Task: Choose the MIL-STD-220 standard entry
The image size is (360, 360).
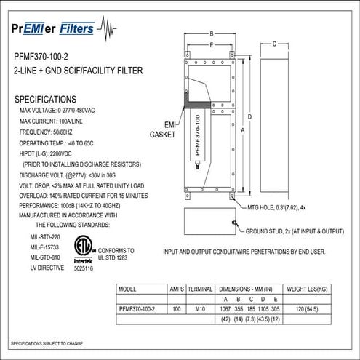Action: (x=46, y=236)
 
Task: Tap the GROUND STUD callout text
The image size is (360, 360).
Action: (x=294, y=231)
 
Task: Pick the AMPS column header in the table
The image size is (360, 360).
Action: (x=176, y=289)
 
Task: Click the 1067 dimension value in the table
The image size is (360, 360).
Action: (x=225, y=308)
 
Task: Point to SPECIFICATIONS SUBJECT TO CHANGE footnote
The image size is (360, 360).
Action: (x=47, y=343)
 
